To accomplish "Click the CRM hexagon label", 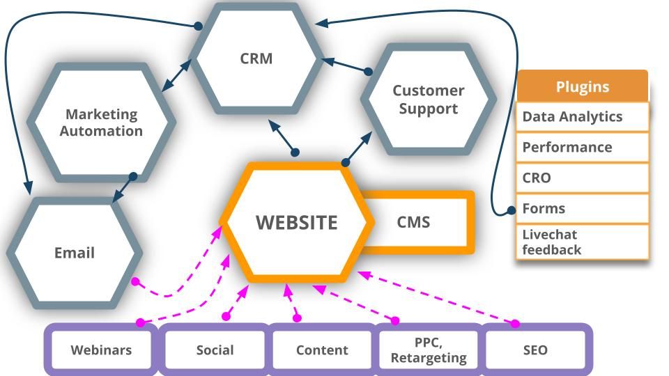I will (256, 58).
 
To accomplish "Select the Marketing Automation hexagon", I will (101, 122).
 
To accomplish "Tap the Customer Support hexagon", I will (428, 99).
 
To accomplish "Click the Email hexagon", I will (74, 253).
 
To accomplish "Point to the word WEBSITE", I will (296, 222).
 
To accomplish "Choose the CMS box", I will (414, 222).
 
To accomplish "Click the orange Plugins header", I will (582, 87).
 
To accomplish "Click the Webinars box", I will (101, 350).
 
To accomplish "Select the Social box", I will (215, 350).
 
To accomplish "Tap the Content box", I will (322, 350).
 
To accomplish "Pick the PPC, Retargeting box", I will (429, 350).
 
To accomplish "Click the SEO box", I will (535, 350).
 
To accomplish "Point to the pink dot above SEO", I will (516, 323).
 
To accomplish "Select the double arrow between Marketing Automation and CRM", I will (176, 75).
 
